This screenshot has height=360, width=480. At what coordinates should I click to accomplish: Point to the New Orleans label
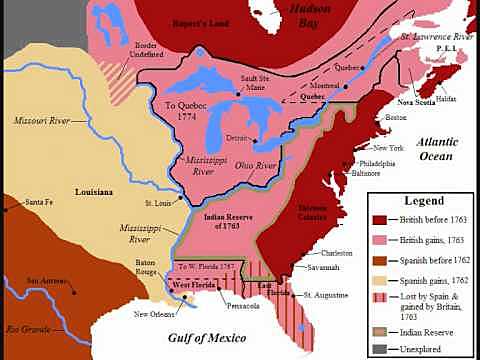(158, 315)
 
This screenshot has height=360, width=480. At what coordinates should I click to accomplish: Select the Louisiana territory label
(98, 190)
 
